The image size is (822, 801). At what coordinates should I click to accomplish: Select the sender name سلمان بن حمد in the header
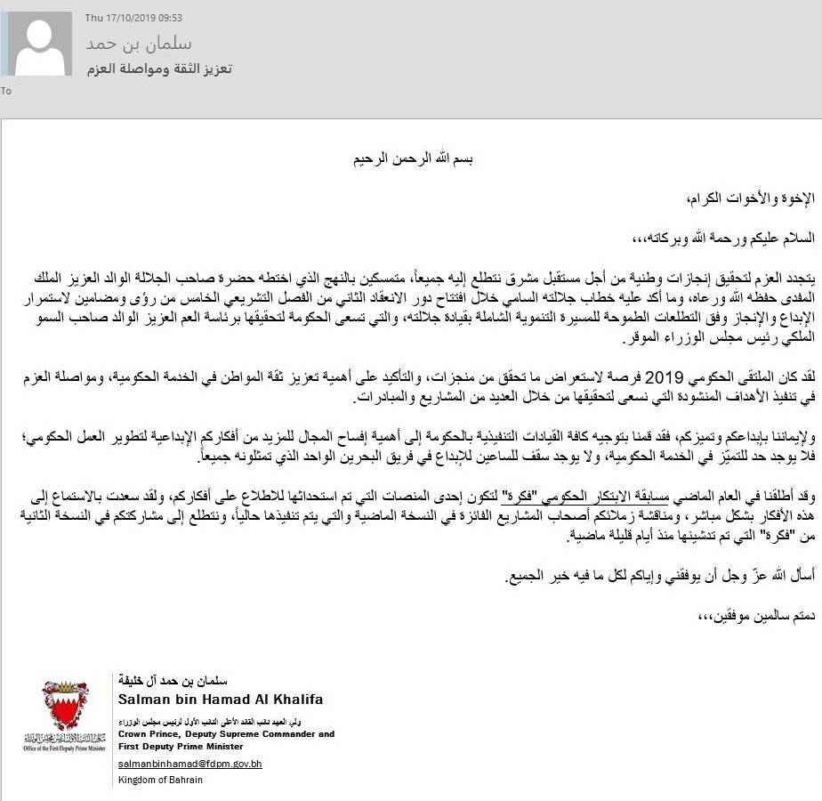point(139,44)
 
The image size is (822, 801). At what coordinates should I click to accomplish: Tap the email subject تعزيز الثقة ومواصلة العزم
point(159,69)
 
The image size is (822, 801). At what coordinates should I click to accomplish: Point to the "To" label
point(6,91)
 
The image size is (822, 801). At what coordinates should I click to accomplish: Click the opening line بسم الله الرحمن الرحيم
point(408,159)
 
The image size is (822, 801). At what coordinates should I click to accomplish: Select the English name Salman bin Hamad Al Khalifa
point(221,700)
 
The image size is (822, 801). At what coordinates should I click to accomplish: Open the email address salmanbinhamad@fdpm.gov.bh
point(190,764)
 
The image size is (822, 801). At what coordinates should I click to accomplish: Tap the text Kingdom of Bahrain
point(160,780)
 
